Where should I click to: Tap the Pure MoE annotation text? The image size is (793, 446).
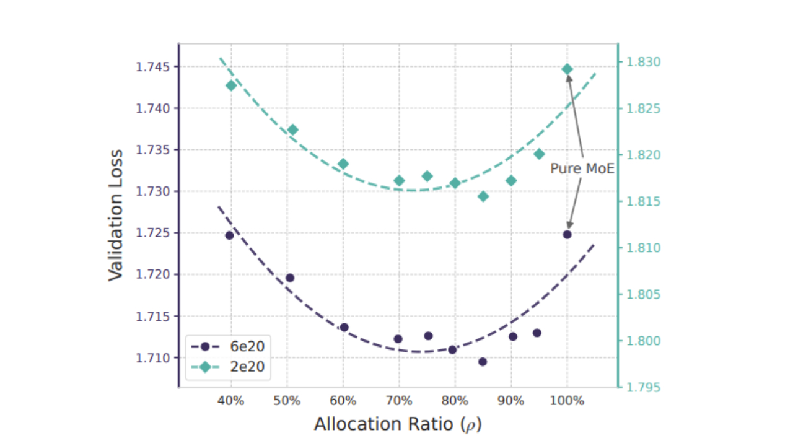click(582, 168)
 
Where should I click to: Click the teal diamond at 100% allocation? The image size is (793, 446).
click(567, 69)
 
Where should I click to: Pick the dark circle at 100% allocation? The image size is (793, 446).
click(567, 234)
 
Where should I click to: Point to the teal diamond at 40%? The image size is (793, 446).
click(231, 85)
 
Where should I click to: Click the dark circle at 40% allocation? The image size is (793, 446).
click(229, 235)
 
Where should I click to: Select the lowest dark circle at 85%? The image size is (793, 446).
click(483, 362)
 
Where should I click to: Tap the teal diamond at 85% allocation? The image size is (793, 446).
click(483, 196)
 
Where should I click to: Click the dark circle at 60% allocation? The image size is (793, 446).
click(344, 327)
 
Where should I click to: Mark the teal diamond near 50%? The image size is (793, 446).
click(293, 129)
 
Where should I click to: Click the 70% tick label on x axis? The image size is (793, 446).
click(399, 401)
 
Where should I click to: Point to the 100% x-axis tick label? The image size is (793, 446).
click(567, 401)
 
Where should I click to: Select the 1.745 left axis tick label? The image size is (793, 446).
click(152, 67)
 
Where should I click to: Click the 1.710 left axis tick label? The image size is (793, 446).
click(152, 358)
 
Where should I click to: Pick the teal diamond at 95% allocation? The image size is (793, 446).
click(539, 154)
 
